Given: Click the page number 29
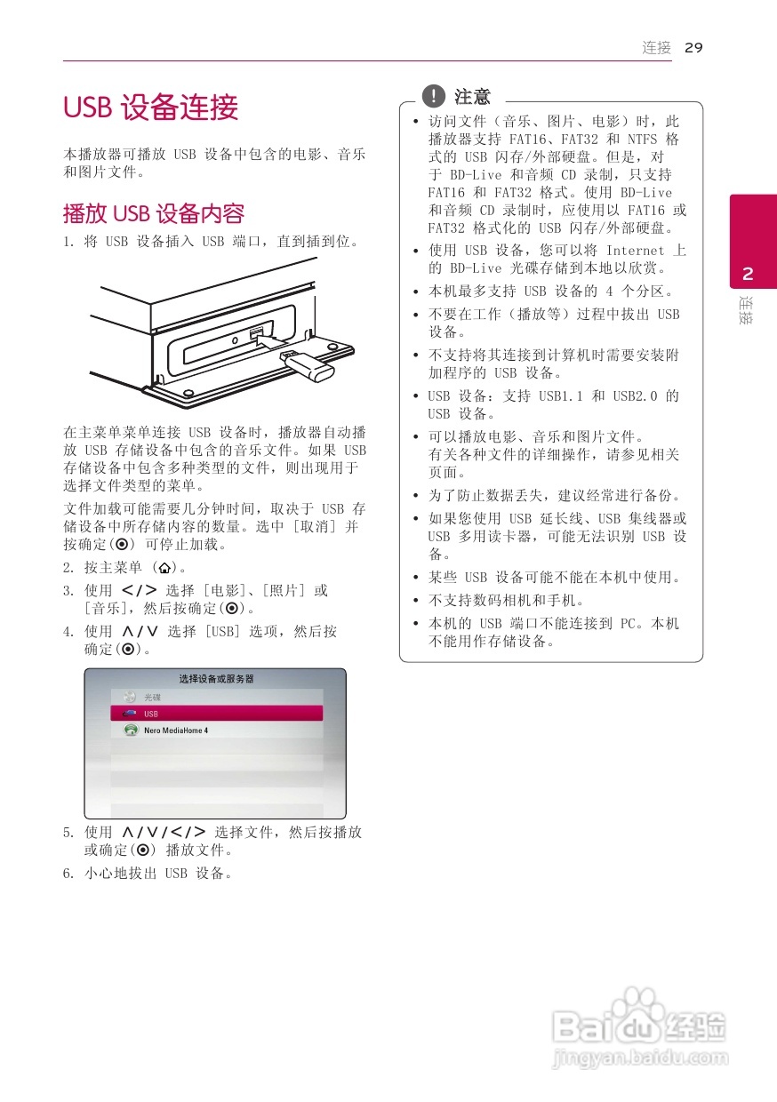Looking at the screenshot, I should [x=693, y=48].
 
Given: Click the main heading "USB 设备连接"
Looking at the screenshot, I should [x=151, y=108].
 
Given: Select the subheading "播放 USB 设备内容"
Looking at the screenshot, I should [x=153, y=214].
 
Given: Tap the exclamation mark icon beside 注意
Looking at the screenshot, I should [x=433, y=96].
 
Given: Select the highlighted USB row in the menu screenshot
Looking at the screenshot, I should [x=216, y=714].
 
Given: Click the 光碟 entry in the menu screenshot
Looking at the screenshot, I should [x=152, y=698].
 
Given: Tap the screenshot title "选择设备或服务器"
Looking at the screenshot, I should [x=216, y=679].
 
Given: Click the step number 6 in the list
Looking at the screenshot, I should [x=68, y=874].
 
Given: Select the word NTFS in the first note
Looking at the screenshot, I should [x=642, y=140].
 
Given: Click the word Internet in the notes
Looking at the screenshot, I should [x=635, y=251].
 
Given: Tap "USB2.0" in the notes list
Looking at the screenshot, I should [x=634, y=396].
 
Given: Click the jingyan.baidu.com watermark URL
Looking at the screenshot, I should [x=640, y=1058].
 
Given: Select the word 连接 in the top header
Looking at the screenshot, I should [x=657, y=48].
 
